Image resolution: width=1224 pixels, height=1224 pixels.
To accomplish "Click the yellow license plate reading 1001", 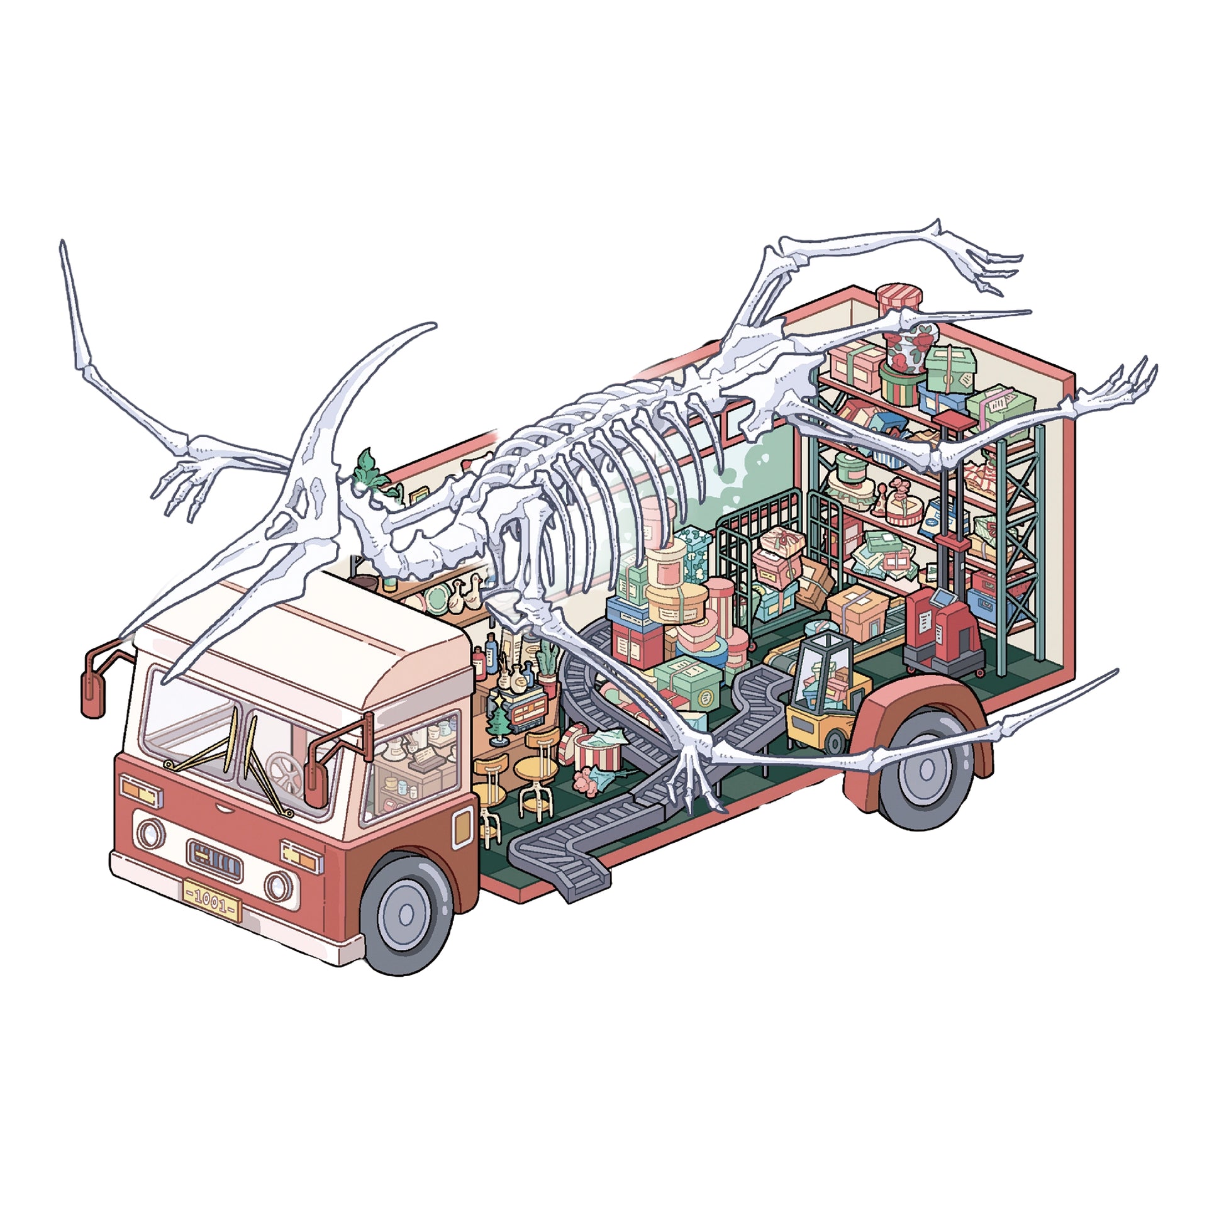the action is [x=211, y=899].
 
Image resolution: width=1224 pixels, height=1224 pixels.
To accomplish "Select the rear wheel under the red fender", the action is [x=925, y=771].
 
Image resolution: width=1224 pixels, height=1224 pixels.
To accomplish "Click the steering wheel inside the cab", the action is [x=284, y=772].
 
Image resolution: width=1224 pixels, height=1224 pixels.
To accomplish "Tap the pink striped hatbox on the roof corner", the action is [x=899, y=298].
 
